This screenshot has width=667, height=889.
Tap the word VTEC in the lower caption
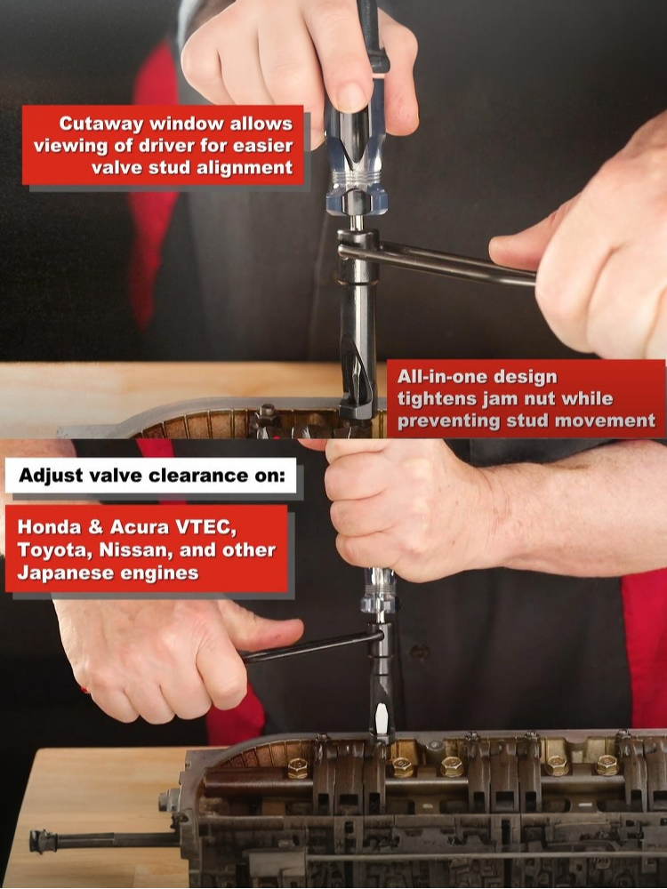206,527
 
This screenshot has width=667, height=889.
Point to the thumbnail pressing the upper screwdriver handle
350,95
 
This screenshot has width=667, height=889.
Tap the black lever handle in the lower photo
312,646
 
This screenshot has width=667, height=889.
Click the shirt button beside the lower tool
419,652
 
